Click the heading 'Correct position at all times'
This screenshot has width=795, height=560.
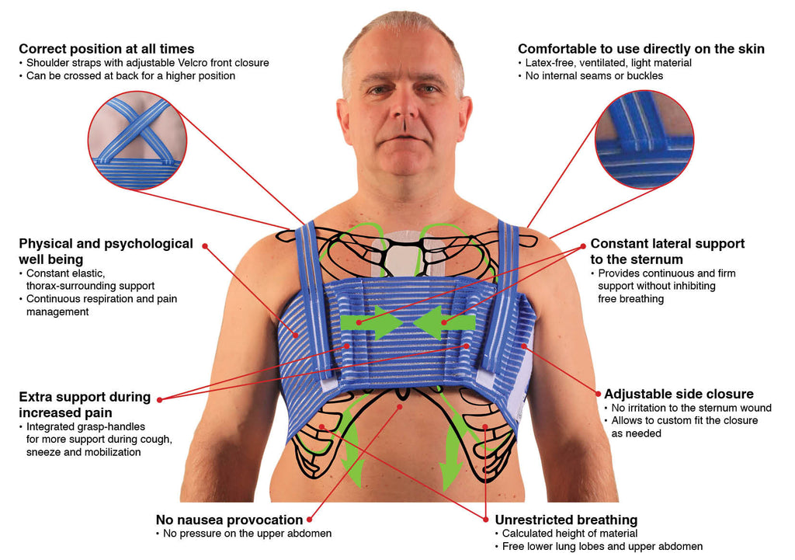[106, 49]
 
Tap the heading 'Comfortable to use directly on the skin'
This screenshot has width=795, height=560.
[641, 49]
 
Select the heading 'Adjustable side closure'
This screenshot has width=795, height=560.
[679, 394]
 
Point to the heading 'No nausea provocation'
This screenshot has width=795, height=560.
[229, 520]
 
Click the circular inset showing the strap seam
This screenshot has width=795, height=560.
[644, 139]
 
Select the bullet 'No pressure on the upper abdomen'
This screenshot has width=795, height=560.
[247, 534]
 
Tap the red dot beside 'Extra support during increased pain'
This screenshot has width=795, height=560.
[159, 399]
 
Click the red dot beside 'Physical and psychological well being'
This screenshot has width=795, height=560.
[205, 245]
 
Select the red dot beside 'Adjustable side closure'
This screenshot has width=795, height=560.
[597, 393]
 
